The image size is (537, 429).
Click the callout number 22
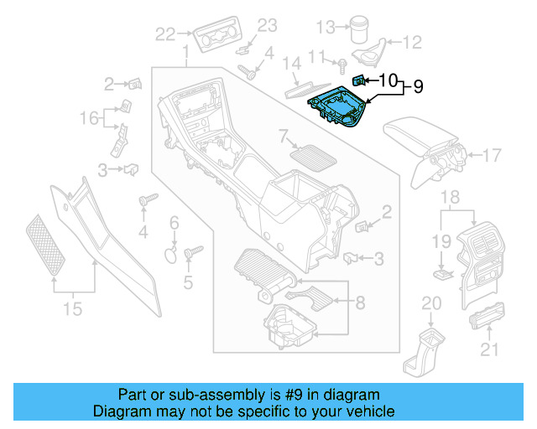(x=165, y=34)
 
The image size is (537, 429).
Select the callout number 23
(x=266, y=25)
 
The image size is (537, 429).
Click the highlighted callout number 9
(x=418, y=85)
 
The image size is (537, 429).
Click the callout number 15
(x=73, y=309)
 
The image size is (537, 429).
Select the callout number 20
(x=430, y=303)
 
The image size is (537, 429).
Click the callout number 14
(x=290, y=64)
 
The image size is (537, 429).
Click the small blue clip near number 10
(x=357, y=80)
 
